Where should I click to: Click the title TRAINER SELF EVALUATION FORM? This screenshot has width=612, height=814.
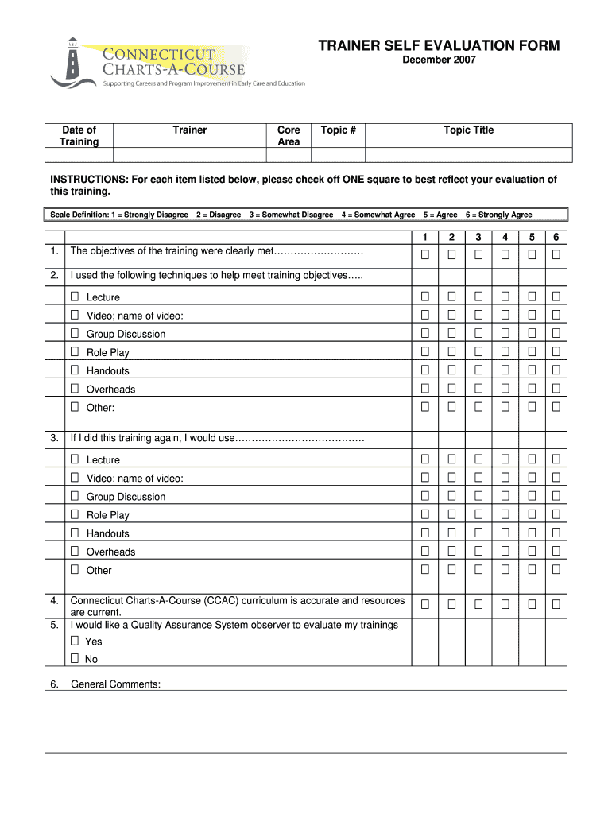(x=439, y=46)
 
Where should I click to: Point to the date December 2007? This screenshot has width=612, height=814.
(x=439, y=60)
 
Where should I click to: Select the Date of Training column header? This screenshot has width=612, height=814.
(x=79, y=136)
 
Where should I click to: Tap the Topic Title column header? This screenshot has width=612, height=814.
(x=468, y=130)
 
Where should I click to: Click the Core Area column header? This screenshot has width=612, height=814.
(x=289, y=136)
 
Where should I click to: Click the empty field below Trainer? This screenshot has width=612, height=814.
(x=190, y=155)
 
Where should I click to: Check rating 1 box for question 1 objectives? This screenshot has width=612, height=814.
(x=425, y=254)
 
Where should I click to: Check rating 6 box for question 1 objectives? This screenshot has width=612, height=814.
(x=556, y=254)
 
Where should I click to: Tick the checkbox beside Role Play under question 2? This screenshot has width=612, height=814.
(x=75, y=351)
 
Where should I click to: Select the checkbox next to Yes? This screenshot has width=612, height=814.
(x=75, y=641)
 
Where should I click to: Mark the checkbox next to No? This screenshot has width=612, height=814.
(x=75, y=659)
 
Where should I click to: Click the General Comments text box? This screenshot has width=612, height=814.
(x=306, y=721)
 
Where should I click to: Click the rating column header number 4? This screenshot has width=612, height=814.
(x=504, y=237)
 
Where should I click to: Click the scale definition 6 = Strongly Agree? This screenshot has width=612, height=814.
(x=499, y=215)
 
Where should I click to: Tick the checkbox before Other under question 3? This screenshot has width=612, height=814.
(x=75, y=569)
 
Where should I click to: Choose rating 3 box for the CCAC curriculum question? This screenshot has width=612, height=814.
(x=478, y=605)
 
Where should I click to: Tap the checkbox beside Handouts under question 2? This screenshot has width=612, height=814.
(x=75, y=370)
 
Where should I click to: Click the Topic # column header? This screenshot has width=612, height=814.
(x=338, y=130)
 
